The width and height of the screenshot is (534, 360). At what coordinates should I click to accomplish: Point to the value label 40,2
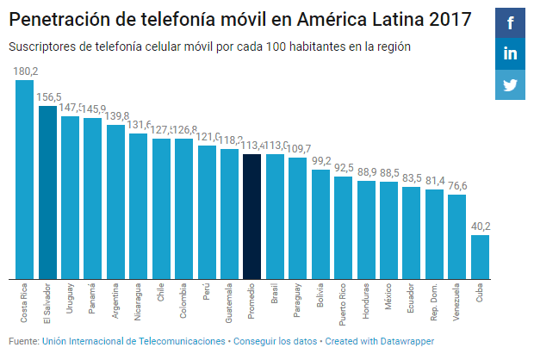point(481,227)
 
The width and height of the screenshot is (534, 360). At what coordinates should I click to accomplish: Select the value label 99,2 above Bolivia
point(320,161)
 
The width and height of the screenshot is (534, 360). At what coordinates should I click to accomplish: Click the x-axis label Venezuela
point(458,301)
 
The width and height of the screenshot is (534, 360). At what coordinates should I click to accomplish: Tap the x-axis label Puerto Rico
point(344,304)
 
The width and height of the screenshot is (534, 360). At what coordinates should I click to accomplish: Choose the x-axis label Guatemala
point(229,301)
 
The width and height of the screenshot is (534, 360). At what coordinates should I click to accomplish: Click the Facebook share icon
point(510,23)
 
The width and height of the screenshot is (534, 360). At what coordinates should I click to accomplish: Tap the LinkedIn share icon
point(510,54)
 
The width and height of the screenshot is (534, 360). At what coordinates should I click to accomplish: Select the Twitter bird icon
point(510,84)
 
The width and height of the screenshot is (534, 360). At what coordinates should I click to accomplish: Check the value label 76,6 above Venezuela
point(458,186)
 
